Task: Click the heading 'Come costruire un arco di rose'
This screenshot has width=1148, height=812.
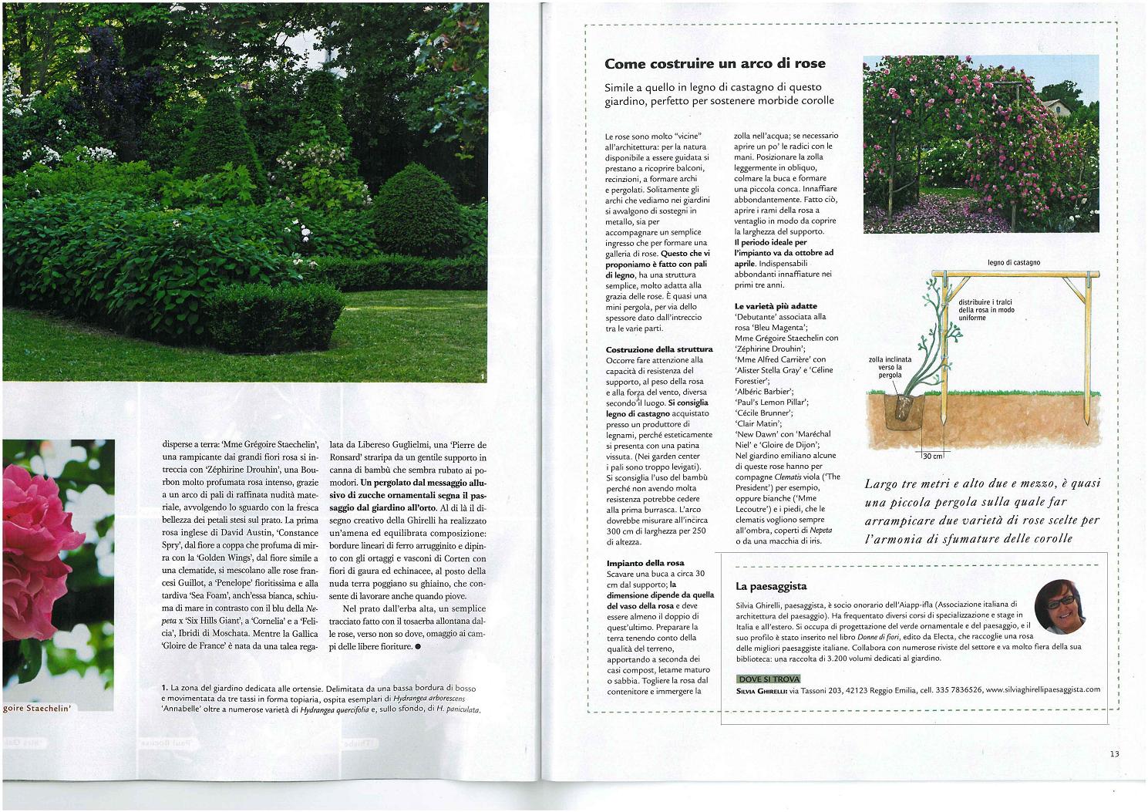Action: coord(715,64)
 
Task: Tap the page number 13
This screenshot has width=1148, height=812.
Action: coord(1114,754)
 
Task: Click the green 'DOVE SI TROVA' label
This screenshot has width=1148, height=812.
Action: coord(768,679)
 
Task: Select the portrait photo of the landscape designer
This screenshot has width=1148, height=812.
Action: coord(1059,606)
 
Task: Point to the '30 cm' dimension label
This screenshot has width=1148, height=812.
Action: coord(933,457)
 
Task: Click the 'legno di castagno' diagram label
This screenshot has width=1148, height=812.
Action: coord(1013,263)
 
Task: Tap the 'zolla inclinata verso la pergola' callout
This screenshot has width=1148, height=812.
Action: coord(890,367)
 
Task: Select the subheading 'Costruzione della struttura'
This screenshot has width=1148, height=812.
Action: coord(659,349)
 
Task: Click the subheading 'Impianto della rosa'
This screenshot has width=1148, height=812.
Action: coord(645,563)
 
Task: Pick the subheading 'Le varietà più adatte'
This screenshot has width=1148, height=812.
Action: coord(776,306)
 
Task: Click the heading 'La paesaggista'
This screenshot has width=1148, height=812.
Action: coord(771,586)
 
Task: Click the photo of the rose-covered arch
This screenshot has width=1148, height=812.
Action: coord(981,144)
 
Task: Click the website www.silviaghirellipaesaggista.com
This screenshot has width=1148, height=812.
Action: coord(1042,689)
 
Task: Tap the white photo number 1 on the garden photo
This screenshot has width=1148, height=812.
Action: coord(482,377)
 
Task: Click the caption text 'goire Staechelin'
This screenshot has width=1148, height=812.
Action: coord(36,707)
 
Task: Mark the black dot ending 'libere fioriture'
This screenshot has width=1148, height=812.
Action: coord(418,647)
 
